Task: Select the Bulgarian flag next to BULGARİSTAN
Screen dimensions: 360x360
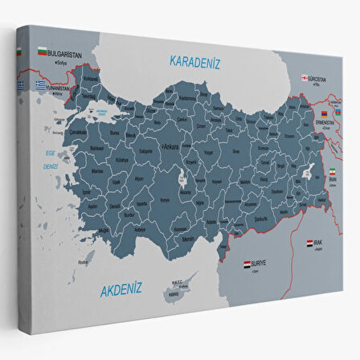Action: [x=40, y=52]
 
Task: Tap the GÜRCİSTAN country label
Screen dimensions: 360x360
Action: [x=320, y=79]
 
